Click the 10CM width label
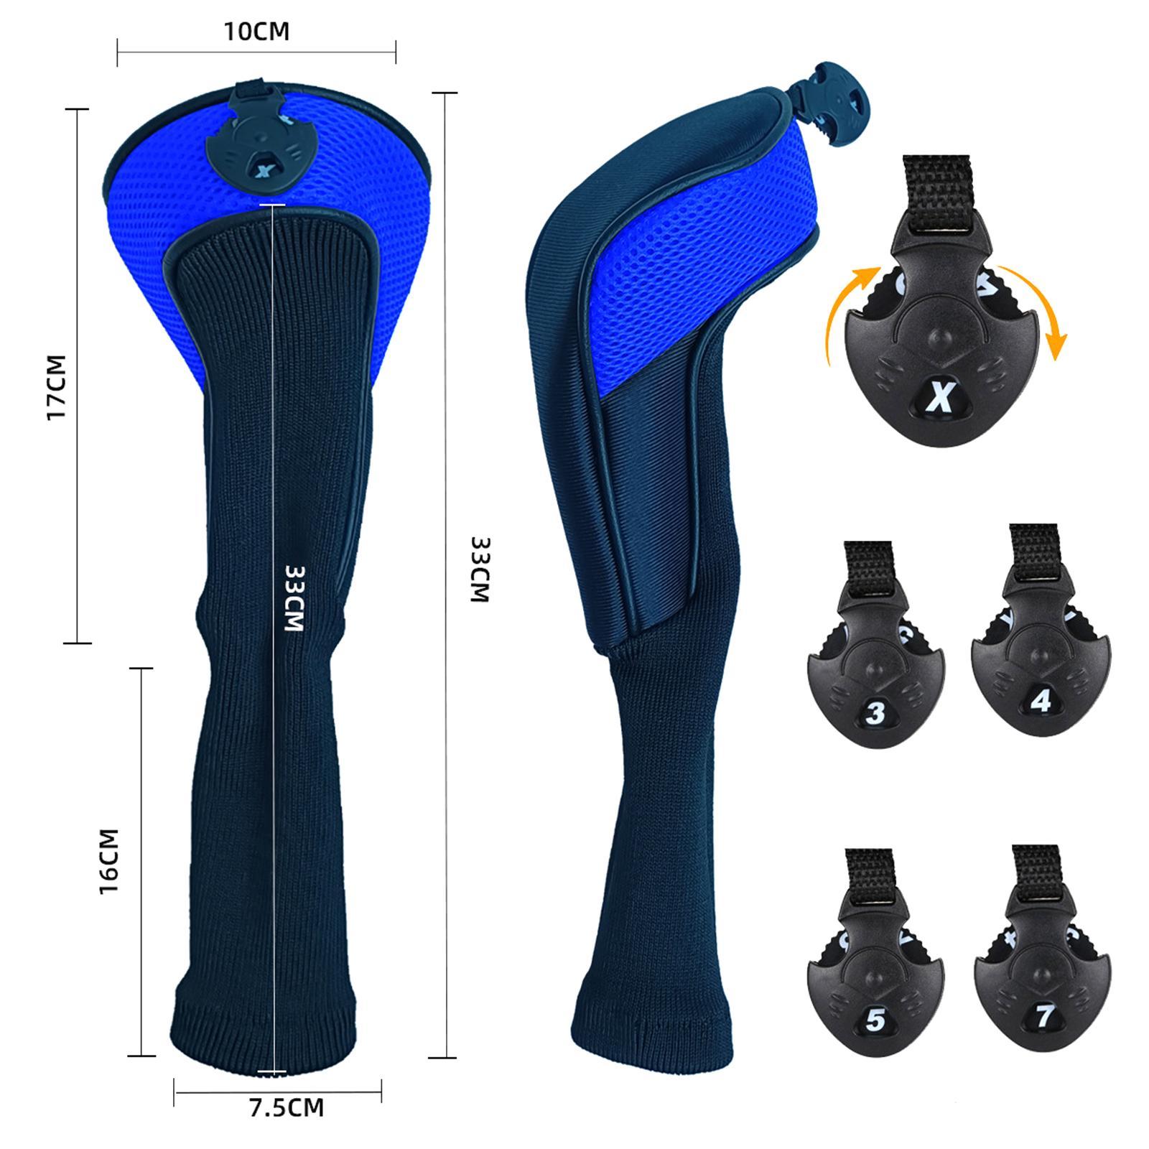pos(256,32)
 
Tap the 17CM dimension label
pos(56,388)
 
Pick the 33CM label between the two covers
pos(479,569)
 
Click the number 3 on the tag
pos(875,713)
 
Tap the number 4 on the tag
pos(1041,701)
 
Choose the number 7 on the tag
pos(1044,1015)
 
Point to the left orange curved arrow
pos(847,309)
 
